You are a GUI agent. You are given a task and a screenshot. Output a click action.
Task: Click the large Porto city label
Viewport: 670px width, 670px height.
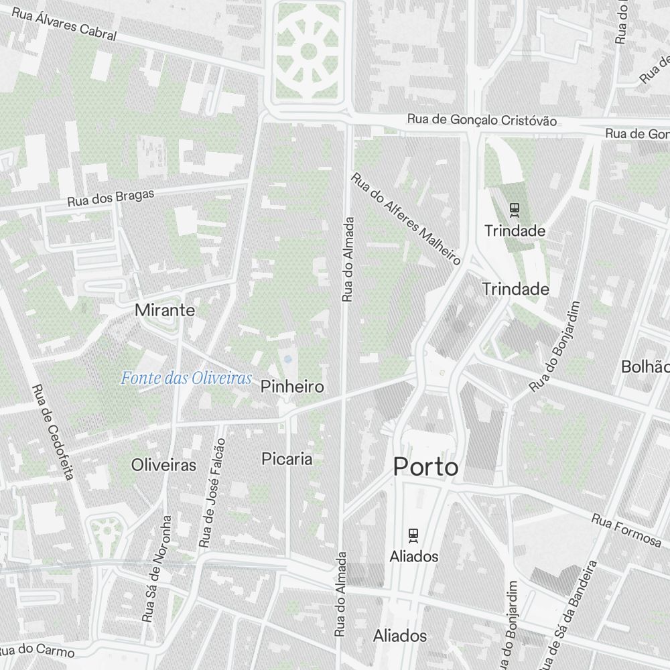[x=425, y=466]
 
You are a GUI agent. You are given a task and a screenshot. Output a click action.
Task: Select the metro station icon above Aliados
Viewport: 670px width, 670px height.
[x=413, y=536]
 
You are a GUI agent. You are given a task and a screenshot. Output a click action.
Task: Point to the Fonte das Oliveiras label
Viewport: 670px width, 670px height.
[x=186, y=379]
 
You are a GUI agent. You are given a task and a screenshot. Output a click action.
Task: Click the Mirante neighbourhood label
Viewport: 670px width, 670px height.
[x=165, y=310]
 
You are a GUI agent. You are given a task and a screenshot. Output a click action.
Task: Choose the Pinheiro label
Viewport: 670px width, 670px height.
[x=292, y=387]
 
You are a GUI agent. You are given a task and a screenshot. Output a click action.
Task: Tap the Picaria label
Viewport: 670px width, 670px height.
[x=287, y=459]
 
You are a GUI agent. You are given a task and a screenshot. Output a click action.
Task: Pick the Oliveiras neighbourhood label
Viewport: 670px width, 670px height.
[x=164, y=464]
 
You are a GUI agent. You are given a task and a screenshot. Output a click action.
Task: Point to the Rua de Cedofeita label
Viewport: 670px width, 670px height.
[x=52, y=432]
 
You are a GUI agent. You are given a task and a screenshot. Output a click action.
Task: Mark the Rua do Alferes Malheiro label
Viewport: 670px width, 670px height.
[x=407, y=219]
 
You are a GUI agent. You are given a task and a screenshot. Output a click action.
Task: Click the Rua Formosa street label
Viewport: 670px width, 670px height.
[x=626, y=529]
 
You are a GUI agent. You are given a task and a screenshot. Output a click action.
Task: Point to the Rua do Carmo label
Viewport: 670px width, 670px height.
[x=37, y=650]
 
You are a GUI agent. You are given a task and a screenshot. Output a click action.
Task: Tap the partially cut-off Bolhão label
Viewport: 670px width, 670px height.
[x=645, y=366]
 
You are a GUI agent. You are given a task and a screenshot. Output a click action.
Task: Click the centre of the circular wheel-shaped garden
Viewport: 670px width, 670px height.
[x=309, y=51]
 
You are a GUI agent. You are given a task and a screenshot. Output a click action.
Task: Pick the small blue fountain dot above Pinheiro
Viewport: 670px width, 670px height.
[x=287, y=359]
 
